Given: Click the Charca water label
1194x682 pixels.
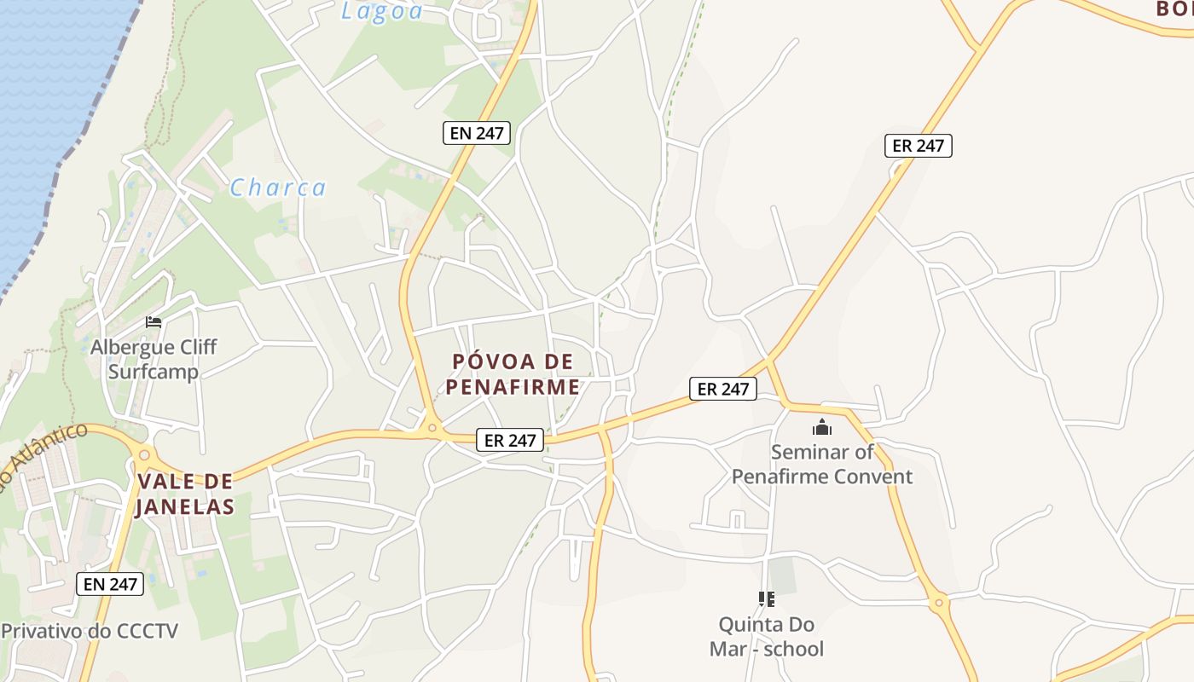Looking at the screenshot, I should coord(278,188).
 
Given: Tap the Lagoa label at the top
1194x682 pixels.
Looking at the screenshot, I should coord(382,10).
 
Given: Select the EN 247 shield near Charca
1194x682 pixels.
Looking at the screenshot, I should coord(477,133).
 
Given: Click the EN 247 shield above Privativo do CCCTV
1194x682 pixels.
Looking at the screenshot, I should coord(110,584).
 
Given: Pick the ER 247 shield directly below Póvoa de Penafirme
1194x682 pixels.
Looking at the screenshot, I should coord(510,440).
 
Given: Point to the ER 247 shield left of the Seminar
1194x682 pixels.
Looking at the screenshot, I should coord(722,389).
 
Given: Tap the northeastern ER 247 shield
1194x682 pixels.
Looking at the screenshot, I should coord(918,146).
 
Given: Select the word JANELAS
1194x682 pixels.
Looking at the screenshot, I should coord(185,506).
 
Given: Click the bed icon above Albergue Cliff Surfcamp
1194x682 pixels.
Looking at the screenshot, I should coord(154,321).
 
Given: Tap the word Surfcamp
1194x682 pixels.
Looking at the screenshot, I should coord(154,372).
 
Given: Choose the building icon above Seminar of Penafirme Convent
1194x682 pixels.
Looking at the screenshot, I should coord(822,427).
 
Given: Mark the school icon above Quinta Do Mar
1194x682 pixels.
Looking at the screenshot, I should coord(766,599).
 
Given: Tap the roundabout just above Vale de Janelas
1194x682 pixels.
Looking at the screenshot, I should coord(144,454).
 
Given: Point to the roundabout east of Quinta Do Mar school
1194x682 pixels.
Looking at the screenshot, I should coord(939,603).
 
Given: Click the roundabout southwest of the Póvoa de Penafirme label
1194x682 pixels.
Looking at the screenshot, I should coord(432,428).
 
